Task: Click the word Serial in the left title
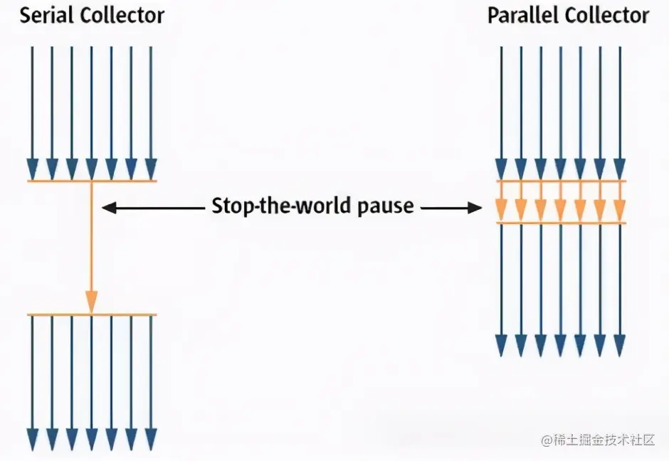tap(46, 16)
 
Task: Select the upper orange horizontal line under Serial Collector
tap(91, 181)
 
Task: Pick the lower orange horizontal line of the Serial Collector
tap(91, 314)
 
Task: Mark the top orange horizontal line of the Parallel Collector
tap(561, 181)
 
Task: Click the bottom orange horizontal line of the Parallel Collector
tap(561, 223)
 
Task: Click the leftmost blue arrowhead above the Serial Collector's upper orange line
tap(32, 169)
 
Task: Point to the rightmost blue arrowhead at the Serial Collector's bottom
tap(151, 439)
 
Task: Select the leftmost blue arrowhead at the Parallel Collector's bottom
tap(501, 345)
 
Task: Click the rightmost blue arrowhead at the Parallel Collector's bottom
tap(619, 345)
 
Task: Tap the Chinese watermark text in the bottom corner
tap(598, 440)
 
